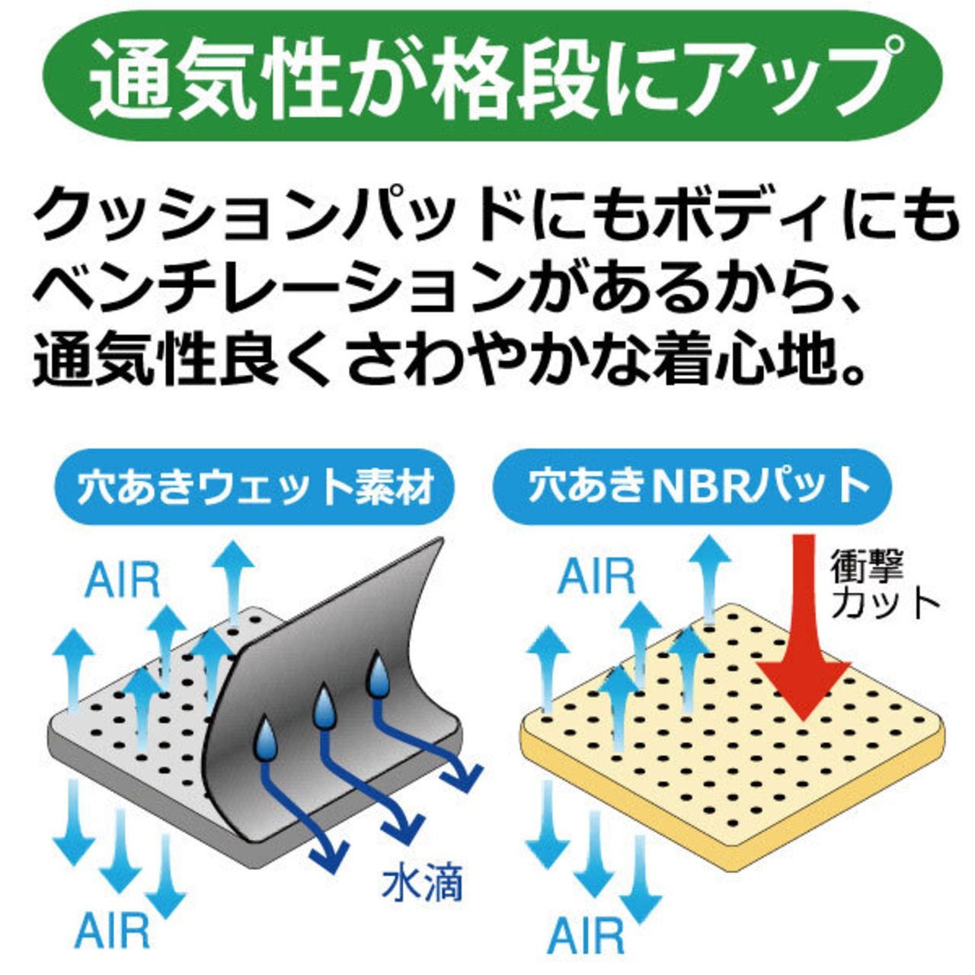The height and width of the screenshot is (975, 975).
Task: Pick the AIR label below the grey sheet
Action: pyautogui.click(x=112, y=931)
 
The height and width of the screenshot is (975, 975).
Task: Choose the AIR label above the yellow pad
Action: pyautogui.click(x=596, y=577)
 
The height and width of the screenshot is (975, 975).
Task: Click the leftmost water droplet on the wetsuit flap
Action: pyautogui.click(x=266, y=739)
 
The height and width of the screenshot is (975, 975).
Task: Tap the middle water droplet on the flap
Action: pyautogui.click(x=324, y=708)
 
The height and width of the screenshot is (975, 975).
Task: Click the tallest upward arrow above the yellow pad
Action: pyautogui.click(x=709, y=571)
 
